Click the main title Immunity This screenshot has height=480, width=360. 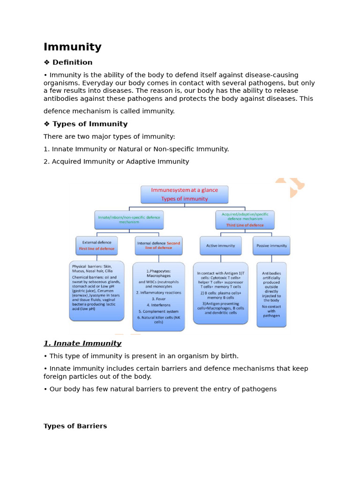(72, 47)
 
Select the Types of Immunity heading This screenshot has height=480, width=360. (90, 124)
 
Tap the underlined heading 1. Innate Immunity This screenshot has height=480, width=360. (82, 344)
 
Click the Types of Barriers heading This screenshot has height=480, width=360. (75, 426)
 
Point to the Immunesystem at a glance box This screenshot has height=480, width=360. (184, 194)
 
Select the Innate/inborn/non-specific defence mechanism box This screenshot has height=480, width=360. (129, 219)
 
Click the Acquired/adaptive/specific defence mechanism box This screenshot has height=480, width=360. (245, 219)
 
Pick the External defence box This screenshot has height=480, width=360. (97, 245)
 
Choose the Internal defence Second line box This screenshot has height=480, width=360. (158, 245)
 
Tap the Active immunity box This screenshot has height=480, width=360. (220, 245)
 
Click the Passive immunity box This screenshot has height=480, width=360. (271, 245)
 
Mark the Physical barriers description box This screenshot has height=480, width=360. (97, 291)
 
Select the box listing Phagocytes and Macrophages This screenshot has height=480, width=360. (158, 296)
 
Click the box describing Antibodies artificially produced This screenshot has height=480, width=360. (271, 294)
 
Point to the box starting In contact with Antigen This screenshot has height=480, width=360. (220, 292)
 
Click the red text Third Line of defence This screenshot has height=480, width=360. (245, 225)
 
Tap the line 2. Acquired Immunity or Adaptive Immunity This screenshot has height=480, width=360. (116, 162)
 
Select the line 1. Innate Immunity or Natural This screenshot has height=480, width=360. (136, 149)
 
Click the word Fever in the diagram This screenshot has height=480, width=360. (158, 299)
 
